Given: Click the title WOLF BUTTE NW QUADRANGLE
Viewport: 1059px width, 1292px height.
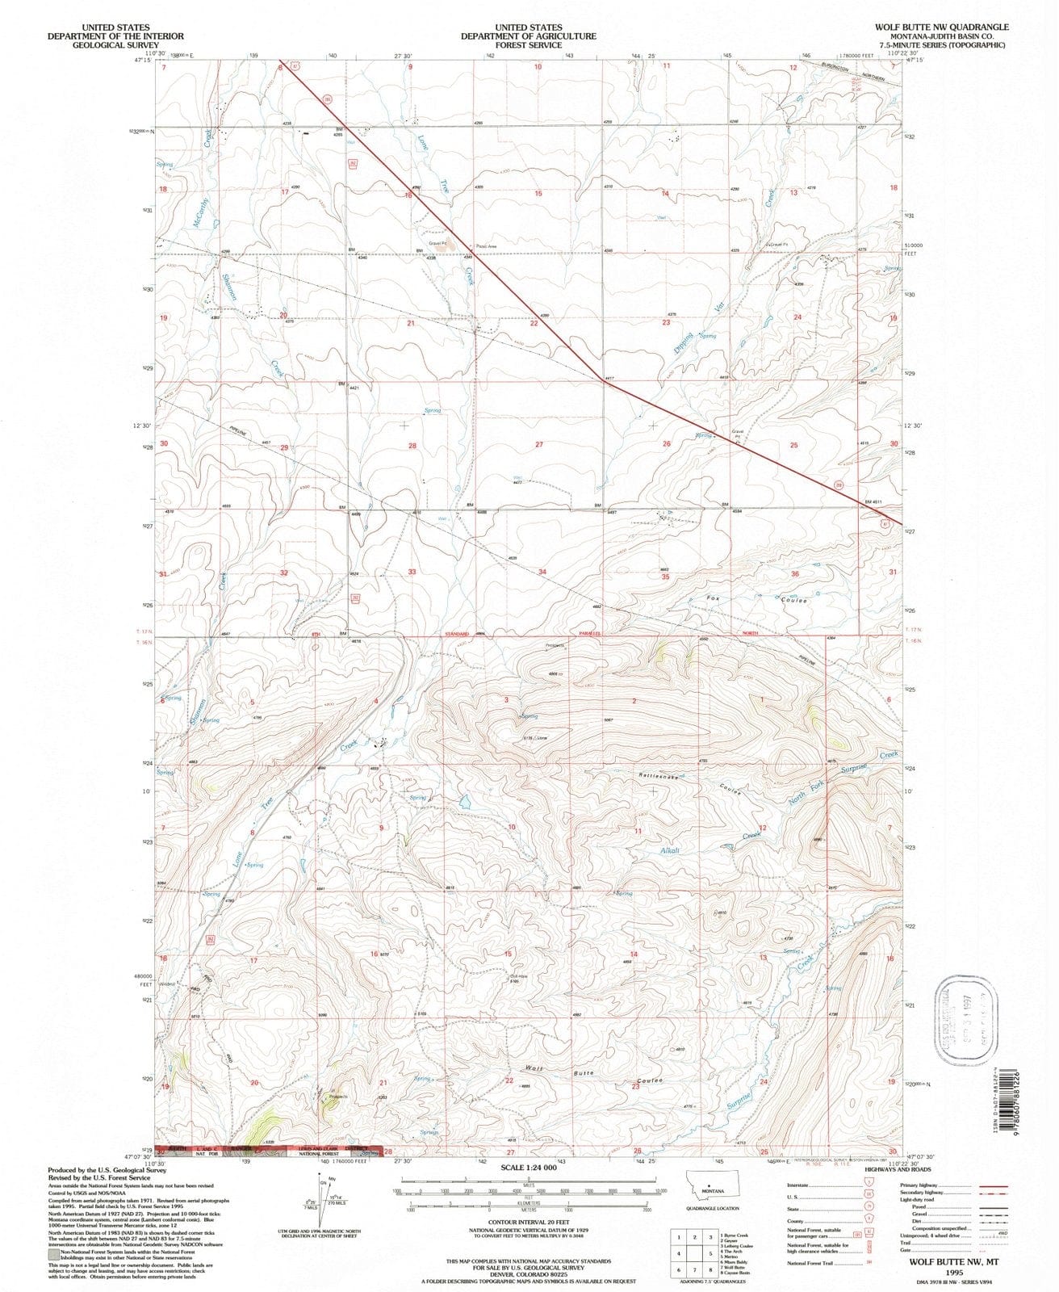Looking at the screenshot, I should (x=940, y=27).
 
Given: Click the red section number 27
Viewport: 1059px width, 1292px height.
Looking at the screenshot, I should (x=539, y=445).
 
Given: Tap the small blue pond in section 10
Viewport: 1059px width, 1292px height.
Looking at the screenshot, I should (x=465, y=802).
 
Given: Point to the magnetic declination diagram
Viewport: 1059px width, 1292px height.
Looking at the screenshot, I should (x=324, y=1201).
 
